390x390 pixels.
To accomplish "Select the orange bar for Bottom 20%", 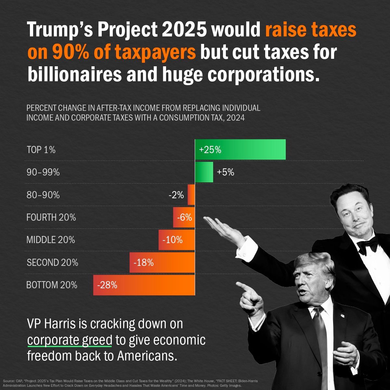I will tap(144, 285).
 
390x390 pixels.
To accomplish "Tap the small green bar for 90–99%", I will tap(204, 172).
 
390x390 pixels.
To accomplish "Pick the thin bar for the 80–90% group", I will tap(191, 195).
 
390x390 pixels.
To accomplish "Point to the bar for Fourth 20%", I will tap(184, 217).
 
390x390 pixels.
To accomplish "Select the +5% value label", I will tap(225, 172).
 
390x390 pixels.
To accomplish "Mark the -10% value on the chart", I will tap(172, 240).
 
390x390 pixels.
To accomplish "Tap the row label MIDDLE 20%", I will tap(51, 240).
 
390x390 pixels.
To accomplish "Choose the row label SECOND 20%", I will tap(52, 262).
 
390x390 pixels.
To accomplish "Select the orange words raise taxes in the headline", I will tap(311, 30).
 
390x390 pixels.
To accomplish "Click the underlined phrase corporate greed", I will tap(70, 340).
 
